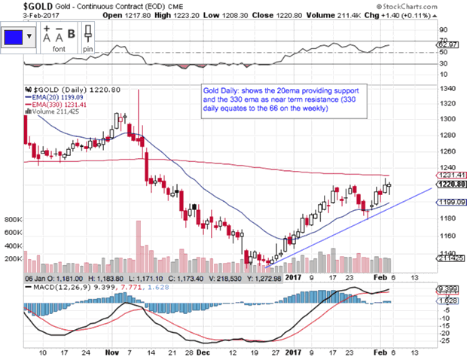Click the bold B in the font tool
72,33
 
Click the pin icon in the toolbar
88,35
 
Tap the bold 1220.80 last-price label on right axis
450,184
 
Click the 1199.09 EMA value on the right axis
450,202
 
